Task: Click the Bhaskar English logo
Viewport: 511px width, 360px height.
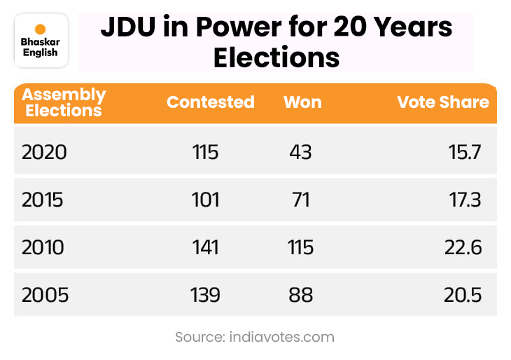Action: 41,41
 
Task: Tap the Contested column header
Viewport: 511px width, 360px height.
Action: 210,102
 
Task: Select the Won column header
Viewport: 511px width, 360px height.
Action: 302,102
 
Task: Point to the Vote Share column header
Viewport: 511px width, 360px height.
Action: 443,102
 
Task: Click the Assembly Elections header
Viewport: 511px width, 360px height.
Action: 64,102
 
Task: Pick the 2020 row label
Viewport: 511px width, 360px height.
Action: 44,152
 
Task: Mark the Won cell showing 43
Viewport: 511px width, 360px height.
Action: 300,152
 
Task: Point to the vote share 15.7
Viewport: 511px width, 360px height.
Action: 465,152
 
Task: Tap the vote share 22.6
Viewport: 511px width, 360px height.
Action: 463,247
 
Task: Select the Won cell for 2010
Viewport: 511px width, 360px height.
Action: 301,247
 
